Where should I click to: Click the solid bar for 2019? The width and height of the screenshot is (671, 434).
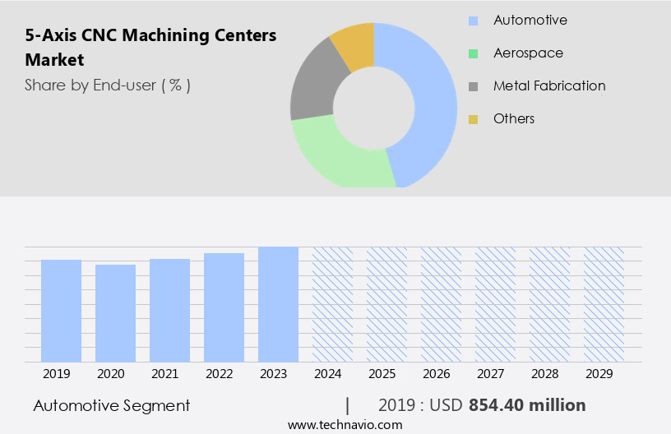pyautogui.click(x=61, y=311)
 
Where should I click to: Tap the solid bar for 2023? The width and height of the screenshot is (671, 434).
pyautogui.click(x=278, y=304)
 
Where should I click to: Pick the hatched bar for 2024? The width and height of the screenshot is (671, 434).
pyautogui.click(x=332, y=304)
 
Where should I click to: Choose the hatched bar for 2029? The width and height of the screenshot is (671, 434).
pyautogui.click(x=604, y=304)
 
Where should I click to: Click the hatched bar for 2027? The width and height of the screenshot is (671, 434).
pyautogui.click(x=495, y=304)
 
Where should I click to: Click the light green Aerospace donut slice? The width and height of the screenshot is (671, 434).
pyautogui.click(x=337, y=156)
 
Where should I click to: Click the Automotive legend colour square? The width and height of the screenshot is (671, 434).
pyautogui.click(x=473, y=21)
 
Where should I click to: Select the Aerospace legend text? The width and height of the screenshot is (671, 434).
pyautogui.click(x=528, y=53)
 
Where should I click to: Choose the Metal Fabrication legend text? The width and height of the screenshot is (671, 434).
pyautogui.click(x=549, y=86)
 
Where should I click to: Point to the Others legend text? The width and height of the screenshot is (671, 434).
pyautogui.click(x=514, y=119)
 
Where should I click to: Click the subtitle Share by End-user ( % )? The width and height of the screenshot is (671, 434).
pyautogui.click(x=108, y=85)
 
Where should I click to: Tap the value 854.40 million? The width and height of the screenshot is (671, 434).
pyautogui.click(x=527, y=405)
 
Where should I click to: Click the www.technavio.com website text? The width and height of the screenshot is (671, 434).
pyautogui.click(x=345, y=425)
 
